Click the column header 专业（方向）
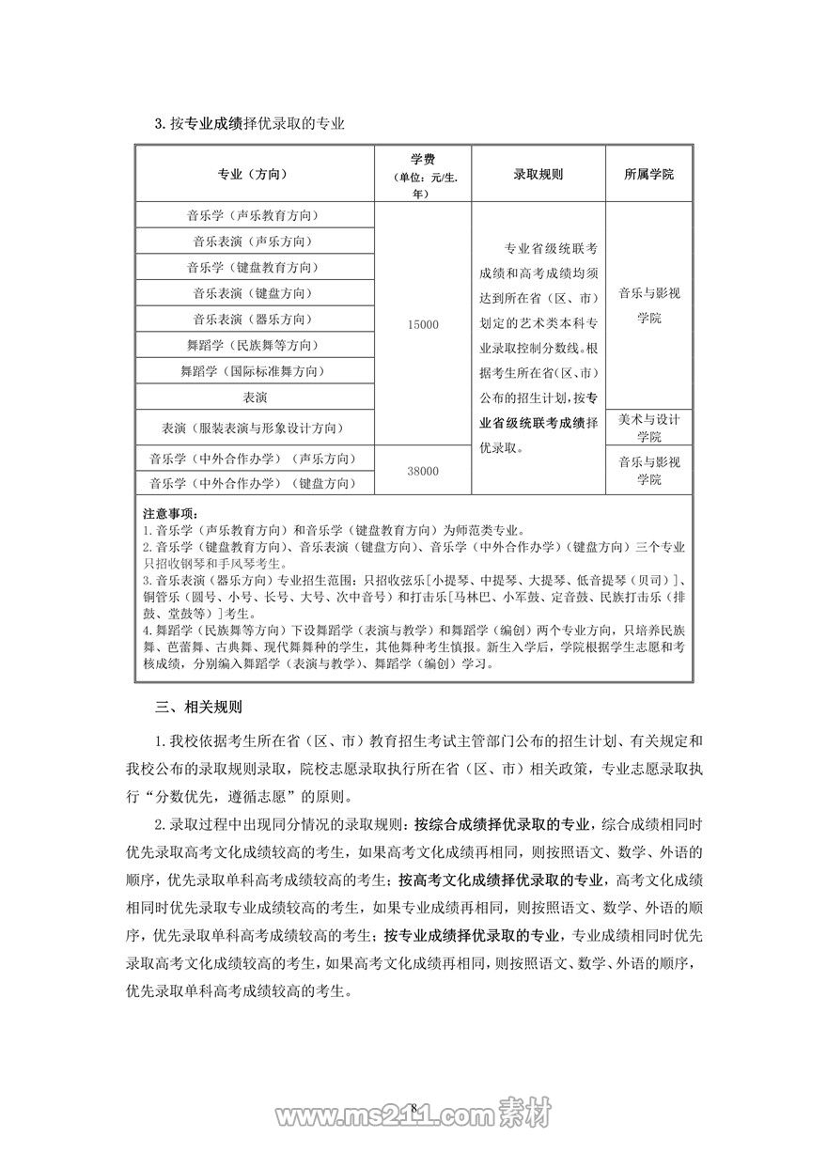coord(253,175)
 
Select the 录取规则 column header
coord(538,175)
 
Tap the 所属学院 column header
coord(648,175)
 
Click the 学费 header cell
coord(422,175)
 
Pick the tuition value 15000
coord(422,324)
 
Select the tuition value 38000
coord(422,470)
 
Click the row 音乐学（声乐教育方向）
coord(253,215)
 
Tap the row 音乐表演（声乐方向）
coord(253,242)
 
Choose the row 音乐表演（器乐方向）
coord(253,320)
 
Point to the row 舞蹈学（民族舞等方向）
coord(253,345)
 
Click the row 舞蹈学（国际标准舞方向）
coord(253,371)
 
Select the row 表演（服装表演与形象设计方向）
coord(253,428)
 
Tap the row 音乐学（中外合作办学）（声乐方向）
coord(253,459)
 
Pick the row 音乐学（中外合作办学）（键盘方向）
coord(253,483)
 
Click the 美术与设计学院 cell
coord(648,428)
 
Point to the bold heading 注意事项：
coord(171,514)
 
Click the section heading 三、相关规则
coord(198,705)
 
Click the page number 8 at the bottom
coord(413,1105)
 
